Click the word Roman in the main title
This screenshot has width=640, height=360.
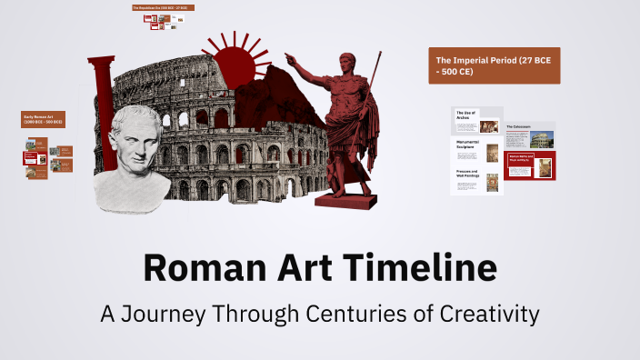192,270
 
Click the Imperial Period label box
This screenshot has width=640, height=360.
494,65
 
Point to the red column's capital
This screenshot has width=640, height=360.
101,63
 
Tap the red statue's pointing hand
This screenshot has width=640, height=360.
291,59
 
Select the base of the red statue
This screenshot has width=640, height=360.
344,197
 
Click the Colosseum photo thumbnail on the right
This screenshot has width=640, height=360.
543,140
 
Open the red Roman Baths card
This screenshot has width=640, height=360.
530,166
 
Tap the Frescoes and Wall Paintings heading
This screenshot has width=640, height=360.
467,174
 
